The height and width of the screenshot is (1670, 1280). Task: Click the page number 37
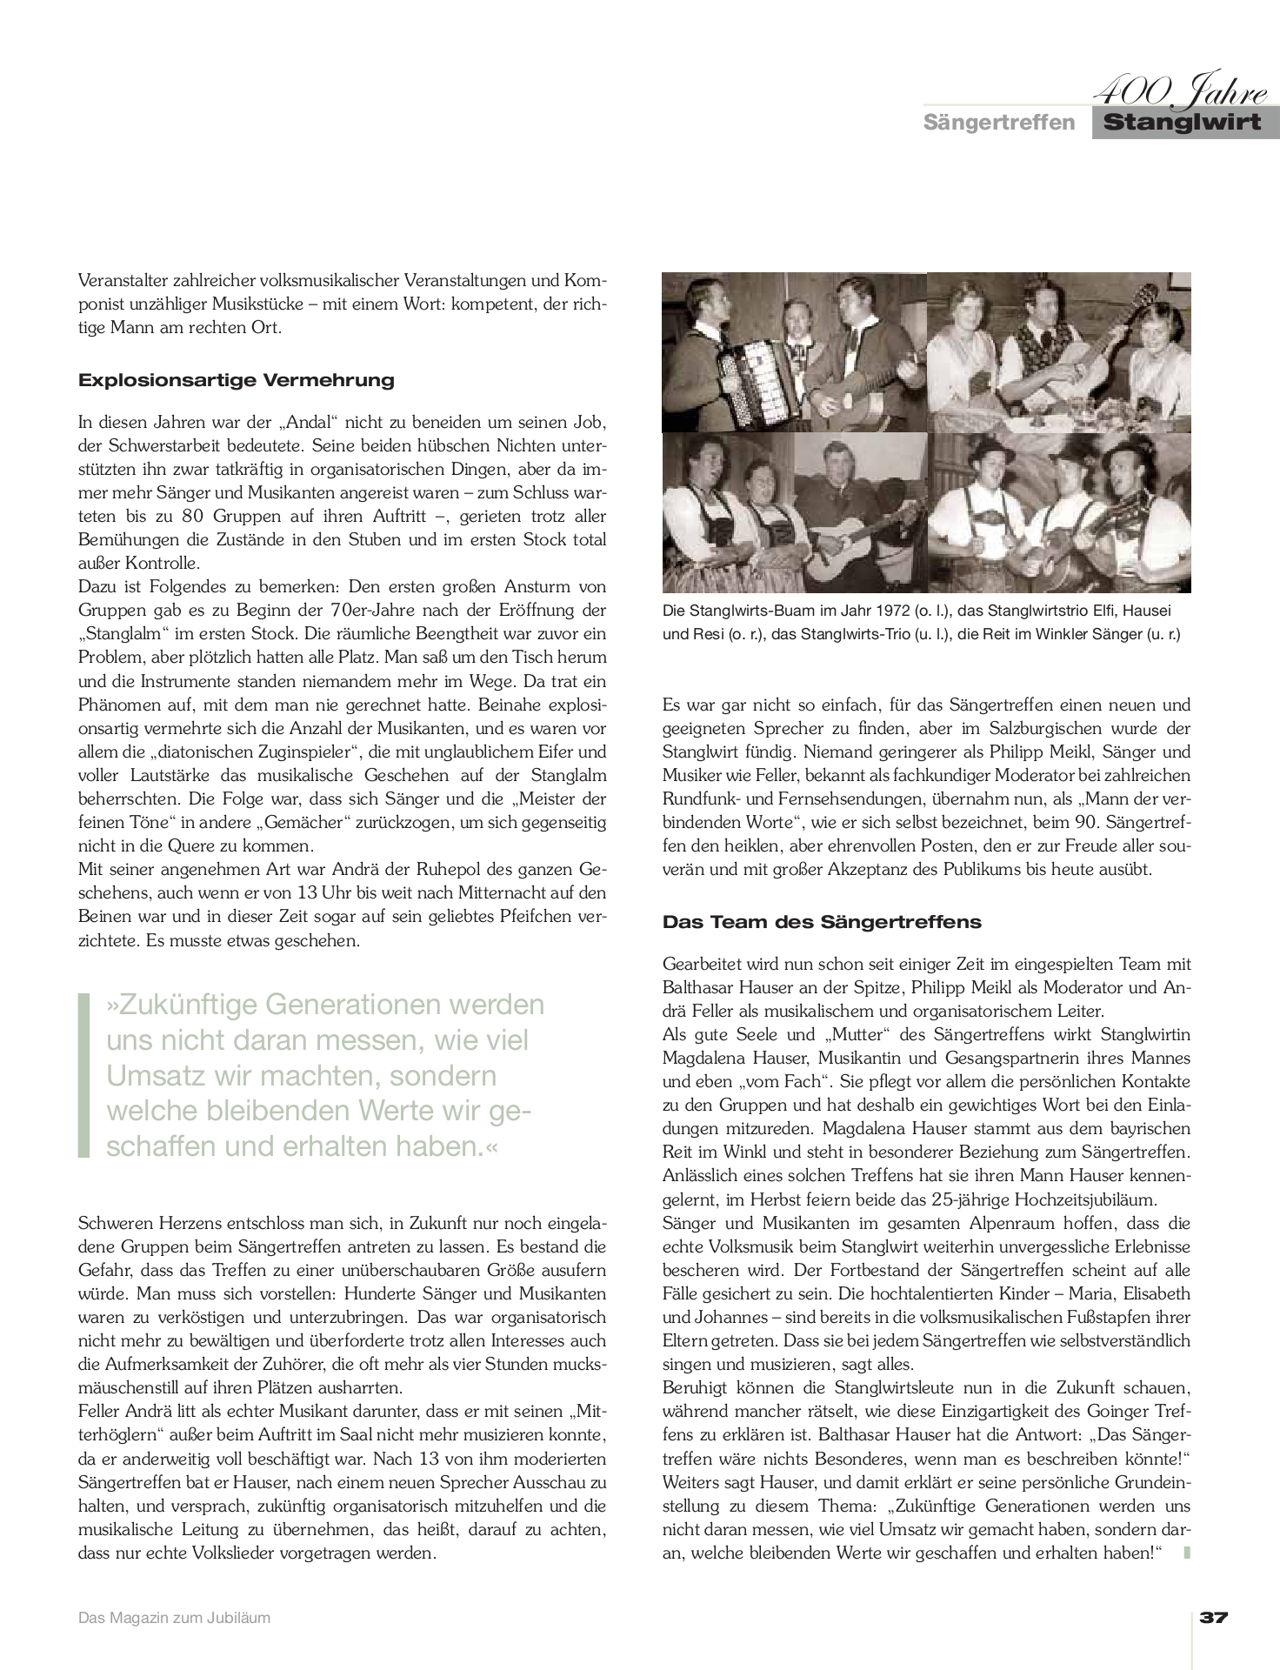coord(1214,1617)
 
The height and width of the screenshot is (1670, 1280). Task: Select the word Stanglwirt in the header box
coord(1183,123)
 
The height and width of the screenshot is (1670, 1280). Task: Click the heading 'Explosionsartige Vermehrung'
coord(236,380)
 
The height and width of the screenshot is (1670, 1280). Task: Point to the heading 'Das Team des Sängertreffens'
coord(821,921)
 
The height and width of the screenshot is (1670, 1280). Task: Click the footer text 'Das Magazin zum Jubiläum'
coord(174,1618)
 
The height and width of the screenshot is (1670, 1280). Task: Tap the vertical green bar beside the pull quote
coord(83,1075)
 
